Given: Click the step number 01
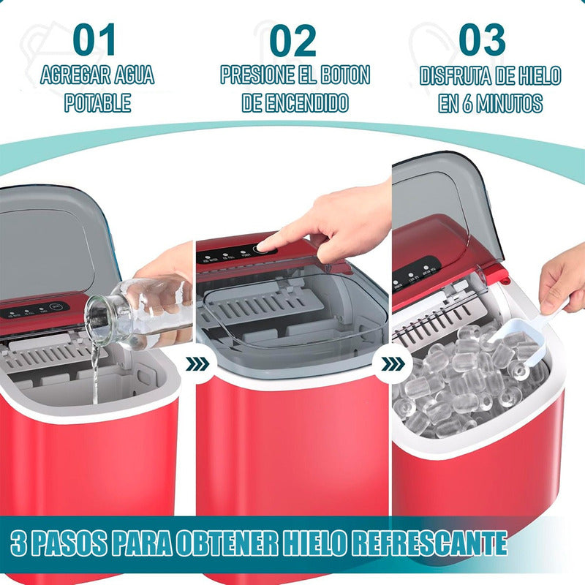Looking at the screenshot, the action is click(x=94, y=39).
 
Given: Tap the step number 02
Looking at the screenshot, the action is click(x=292, y=40).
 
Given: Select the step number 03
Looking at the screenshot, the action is click(x=482, y=39).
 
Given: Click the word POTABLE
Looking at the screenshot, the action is click(x=98, y=102).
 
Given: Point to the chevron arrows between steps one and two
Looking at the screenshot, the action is click(x=197, y=364).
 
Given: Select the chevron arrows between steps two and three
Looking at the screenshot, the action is click(x=393, y=364).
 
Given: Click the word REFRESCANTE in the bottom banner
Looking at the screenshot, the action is click(x=430, y=543).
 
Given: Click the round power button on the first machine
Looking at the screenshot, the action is click(x=56, y=307).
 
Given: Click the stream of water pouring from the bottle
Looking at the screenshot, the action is click(x=95, y=373).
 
